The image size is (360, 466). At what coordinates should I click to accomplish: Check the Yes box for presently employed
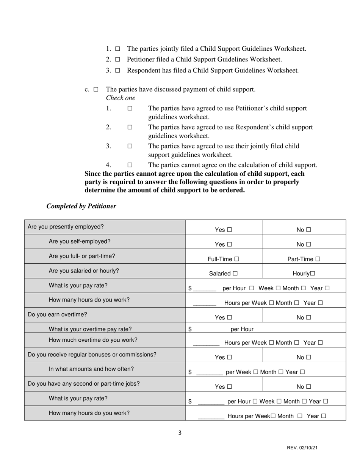[229, 230]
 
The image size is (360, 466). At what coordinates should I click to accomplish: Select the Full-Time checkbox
[237, 259]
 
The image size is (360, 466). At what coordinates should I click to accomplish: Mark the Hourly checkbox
[313, 274]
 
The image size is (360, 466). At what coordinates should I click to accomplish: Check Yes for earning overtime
[229, 317]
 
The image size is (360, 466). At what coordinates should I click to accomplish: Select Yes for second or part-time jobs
[229, 387]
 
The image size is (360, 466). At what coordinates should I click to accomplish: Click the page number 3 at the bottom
[180, 433]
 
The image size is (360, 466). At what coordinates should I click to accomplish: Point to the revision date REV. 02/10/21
[302, 448]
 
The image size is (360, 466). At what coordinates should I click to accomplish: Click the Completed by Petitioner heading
[81, 206]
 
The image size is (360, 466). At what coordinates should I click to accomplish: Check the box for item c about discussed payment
[96, 89]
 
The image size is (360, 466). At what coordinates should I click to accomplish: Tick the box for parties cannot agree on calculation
[130, 165]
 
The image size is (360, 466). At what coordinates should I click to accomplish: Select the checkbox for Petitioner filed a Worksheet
[117, 59]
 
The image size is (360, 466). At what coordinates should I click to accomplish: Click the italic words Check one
[121, 98]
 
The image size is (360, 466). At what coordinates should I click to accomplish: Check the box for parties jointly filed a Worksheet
[117, 49]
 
